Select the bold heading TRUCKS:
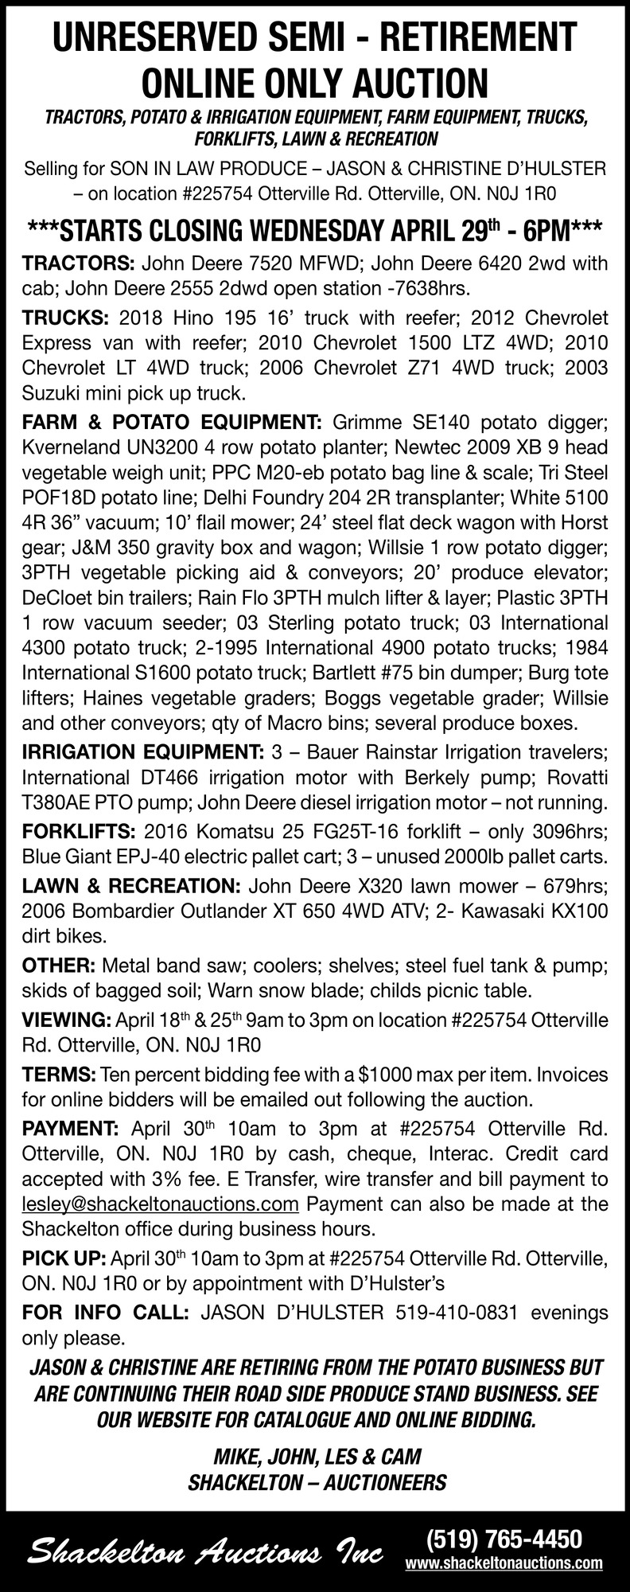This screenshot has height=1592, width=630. (x=65, y=318)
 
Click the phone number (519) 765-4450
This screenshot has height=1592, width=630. (x=504, y=1536)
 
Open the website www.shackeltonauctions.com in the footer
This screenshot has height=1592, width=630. (x=504, y=1563)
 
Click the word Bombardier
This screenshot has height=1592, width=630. (x=129, y=911)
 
